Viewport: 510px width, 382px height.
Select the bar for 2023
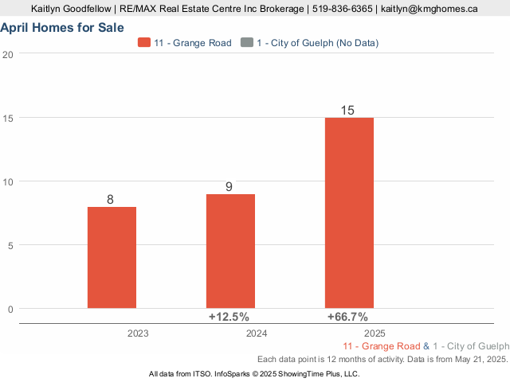click(112, 257)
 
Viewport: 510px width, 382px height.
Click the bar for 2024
click(230, 251)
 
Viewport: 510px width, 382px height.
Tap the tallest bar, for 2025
click(349, 212)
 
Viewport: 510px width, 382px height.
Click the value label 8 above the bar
click(111, 199)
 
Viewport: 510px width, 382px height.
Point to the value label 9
click(229, 187)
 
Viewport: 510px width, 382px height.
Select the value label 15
click(347, 111)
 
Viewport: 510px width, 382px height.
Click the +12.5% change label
click(228, 317)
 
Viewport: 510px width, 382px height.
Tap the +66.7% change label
click(347, 317)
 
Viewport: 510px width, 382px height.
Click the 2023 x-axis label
click(138, 333)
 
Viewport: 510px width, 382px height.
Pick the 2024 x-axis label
click(257, 333)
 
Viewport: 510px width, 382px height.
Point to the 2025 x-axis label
click(375, 333)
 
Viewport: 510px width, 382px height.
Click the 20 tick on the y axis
click(8, 54)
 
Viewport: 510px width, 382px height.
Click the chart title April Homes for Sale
click(62, 28)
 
